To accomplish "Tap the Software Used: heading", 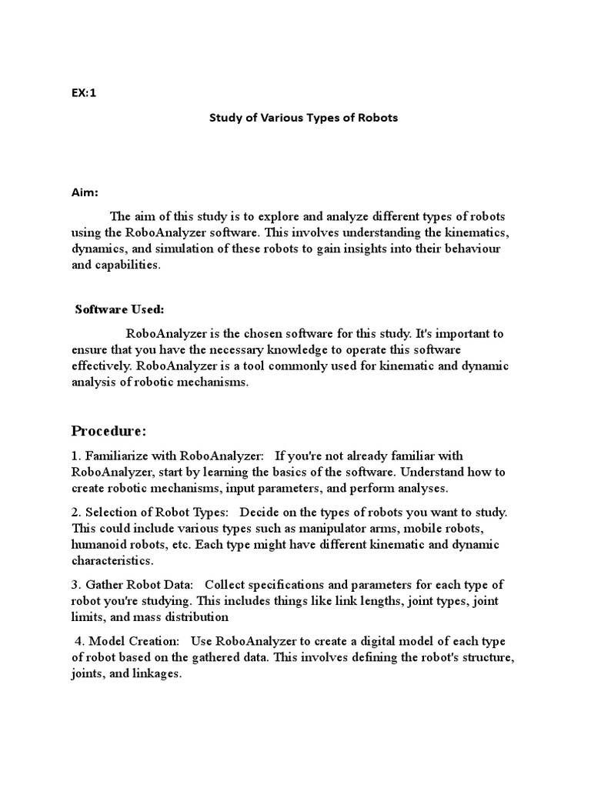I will pos(119,309).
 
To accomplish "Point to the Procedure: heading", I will pos(108,429).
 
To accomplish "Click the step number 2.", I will pos(75,513).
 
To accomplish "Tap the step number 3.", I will pos(75,585).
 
